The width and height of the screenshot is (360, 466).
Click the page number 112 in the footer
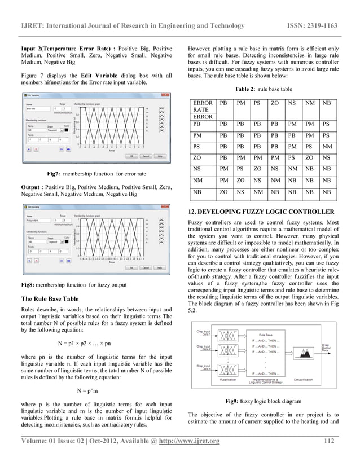coord(331,456)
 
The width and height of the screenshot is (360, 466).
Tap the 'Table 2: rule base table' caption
coord(262,89)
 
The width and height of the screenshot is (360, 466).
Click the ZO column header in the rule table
coord(275,104)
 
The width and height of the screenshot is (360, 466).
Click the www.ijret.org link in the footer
coord(194,456)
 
